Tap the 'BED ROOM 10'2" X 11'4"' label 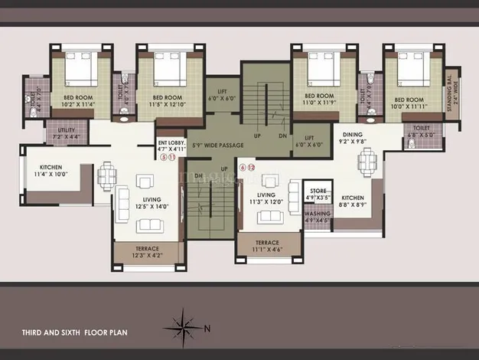point(79,102)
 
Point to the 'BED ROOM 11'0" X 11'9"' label point(320,102)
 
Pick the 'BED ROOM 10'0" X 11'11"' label point(407,103)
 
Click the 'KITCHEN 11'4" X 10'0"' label point(47,171)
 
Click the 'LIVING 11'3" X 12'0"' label point(266,199)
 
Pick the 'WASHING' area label point(317,214)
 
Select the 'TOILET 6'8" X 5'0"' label point(422,131)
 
